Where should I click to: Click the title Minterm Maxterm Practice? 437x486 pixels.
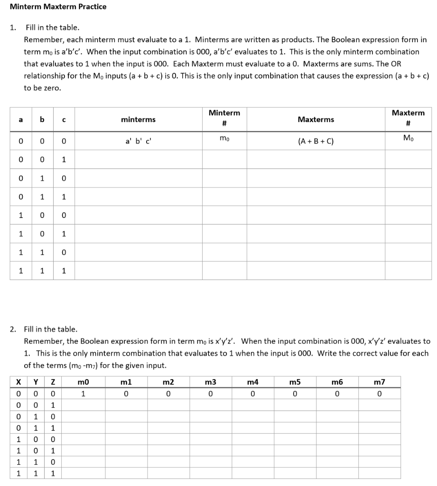pyautogui.click(x=58, y=7)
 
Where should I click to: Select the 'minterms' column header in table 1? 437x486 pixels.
pyautogui.click(x=138, y=120)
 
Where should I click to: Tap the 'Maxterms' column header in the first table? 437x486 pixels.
pyautogui.click(x=316, y=120)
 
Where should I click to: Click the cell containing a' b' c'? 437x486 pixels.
pyautogui.click(x=138, y=141)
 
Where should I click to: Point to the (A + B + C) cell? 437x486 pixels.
pyautogui.click(x=316, y=141)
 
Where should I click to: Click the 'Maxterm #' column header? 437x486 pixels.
pyautogui.click(x=408, y=118)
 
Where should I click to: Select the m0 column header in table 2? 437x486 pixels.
pyautogui.click(x=83, y=382)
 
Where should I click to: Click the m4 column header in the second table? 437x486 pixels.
pyautogui.click(x=253, y=382)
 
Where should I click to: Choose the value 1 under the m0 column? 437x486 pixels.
pyautogui.click(x=83, y=393)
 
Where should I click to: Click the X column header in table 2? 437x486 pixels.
pyautogui.click(x=18, y=382)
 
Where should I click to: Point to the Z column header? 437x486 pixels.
pyautogui.click(x=53, y=382)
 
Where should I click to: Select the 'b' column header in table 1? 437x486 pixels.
pyautogui.click(x=42, y=120)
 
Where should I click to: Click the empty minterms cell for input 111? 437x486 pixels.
pyautogui.click(x=138, y=271)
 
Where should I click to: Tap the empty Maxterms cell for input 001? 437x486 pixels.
pyautogui.click(x=316, y=159)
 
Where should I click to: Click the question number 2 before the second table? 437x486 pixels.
pyautogui.click(x=13, y=329)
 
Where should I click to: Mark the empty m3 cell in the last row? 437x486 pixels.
pyautogui.click(x=211, y=473)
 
